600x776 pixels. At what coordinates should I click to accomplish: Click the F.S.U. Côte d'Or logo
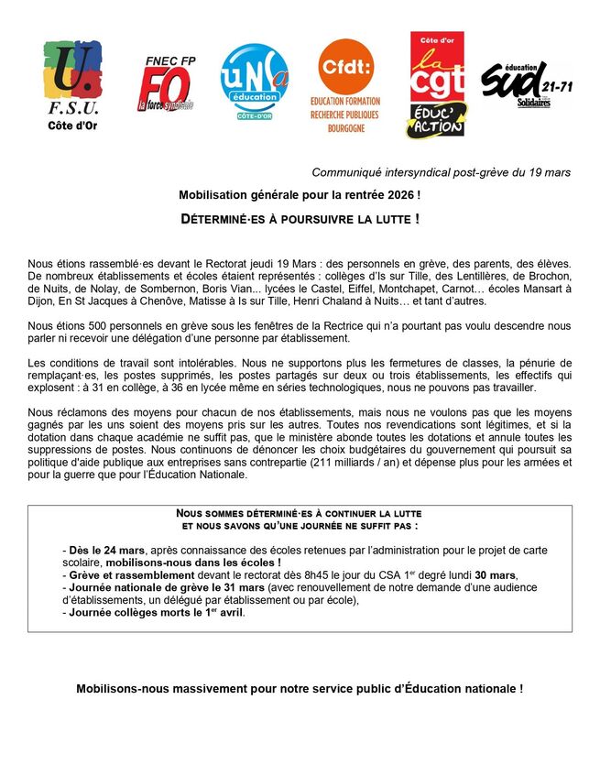point(71,85)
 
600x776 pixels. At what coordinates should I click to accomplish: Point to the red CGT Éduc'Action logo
point(435,85)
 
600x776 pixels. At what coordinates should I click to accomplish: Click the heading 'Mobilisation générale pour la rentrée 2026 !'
point(300,195)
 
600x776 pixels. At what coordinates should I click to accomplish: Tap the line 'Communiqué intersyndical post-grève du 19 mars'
point(441,172)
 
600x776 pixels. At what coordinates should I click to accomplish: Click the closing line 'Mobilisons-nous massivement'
point(300,688)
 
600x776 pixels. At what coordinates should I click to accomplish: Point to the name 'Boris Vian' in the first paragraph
point(239,290)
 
